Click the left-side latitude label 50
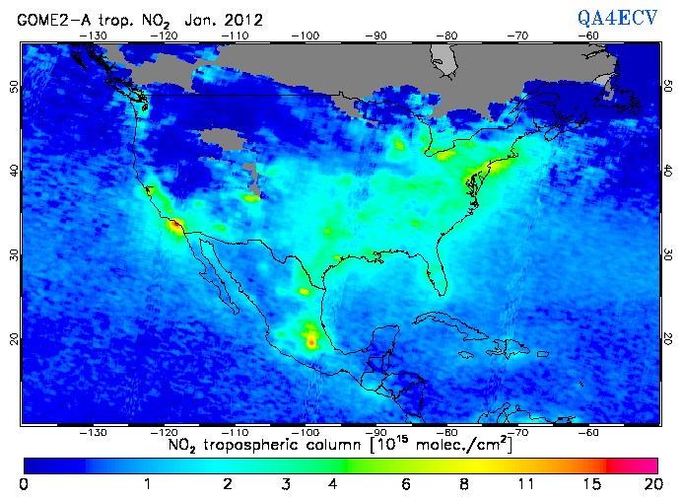coord(14,87)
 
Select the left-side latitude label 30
coord(14,254)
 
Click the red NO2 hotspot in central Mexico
coord(312,341)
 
